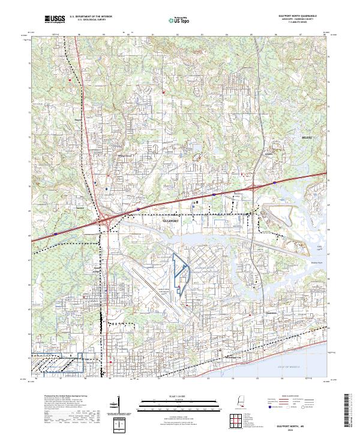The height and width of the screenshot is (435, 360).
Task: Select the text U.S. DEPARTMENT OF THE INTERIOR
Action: (x=91, y=17)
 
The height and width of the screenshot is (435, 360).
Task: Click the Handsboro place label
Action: (x=271, y=312)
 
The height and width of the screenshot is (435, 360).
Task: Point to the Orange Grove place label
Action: (x=124, y=155)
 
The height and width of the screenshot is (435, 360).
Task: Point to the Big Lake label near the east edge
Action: (x=319, y=247)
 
